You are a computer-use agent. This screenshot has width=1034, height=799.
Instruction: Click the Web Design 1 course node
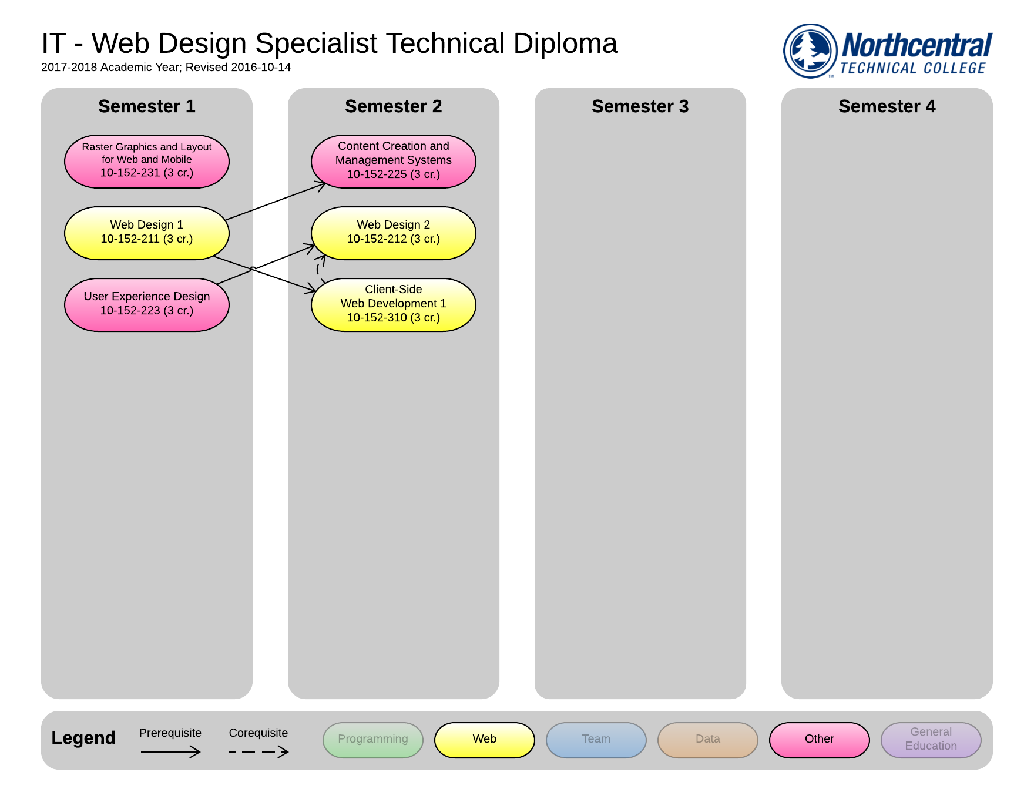(x=146, y=233)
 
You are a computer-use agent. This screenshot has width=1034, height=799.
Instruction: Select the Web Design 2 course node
(x=393, y=233)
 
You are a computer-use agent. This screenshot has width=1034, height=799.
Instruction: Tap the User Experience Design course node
(x=146, y=304)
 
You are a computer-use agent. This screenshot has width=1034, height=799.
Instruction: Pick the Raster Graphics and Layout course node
(x=146, y=161)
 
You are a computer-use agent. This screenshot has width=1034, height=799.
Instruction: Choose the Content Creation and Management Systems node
(x=393, y=161)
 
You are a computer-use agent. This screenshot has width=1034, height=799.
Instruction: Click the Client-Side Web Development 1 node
(x=393, y=304)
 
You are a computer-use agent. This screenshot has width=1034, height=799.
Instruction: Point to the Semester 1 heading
(x=146, y=106)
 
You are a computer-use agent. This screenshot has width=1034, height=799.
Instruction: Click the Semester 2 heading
(x=393, y=106)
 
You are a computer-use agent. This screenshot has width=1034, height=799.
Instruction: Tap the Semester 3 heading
(x=640, y=106)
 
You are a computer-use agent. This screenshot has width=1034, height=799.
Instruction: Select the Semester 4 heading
(x=887, y=106)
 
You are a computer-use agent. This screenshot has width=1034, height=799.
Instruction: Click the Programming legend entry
(x=372, y=740)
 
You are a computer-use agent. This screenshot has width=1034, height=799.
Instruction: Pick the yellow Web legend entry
(x=484, y=740)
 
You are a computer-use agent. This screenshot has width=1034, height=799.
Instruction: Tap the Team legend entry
(x=596, y=740)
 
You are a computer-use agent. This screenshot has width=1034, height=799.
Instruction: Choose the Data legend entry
(x=707, y=740)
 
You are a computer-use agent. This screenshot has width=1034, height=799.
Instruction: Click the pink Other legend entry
(x=819, y=740)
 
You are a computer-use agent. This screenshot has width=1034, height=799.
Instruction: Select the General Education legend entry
(x=931, y=740)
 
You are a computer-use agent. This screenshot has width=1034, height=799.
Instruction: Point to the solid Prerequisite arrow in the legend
(x=170, y=751)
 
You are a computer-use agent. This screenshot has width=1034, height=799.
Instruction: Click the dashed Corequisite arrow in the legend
(x=258, y=751)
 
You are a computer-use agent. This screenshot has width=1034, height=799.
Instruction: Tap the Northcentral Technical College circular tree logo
(x=810, y=51)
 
